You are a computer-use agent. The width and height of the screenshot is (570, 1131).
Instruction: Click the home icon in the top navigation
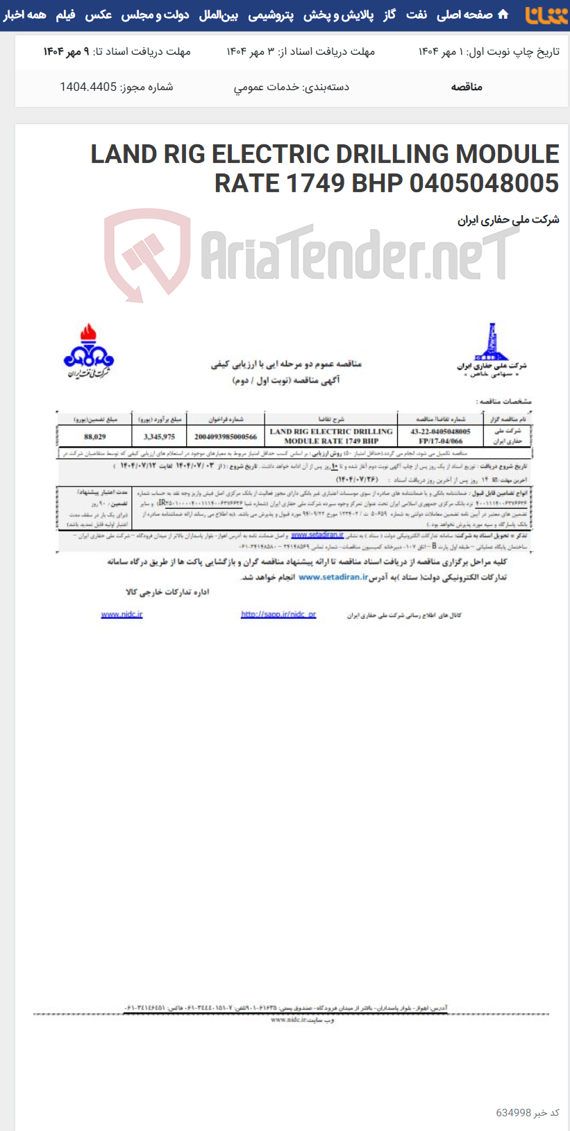tap(503, 15)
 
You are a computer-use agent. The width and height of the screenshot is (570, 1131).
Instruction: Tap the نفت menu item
tap(417, 15)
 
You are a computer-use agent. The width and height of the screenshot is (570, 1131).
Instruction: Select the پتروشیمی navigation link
tap(271, 15)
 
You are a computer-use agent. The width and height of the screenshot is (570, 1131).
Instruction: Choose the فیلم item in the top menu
tap(65, 15)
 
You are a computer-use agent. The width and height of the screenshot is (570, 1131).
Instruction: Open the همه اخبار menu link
tap(25, 15)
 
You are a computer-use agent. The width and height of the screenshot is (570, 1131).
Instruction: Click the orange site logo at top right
tap(546, 15)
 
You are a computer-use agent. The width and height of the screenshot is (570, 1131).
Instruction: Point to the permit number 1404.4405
tap(88, 87)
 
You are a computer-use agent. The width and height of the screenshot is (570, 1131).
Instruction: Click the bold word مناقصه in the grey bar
tap(467, 87)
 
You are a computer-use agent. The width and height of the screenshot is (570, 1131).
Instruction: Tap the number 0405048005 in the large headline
tap(484, 183)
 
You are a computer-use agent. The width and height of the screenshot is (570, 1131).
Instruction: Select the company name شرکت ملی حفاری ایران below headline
tap(508, 220)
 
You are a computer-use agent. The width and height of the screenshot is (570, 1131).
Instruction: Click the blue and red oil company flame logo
tap(88, 350)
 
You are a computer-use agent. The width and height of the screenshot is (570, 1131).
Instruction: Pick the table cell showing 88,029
tap(94, 437)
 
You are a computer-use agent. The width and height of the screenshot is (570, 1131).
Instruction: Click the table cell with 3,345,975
tap(159, 437)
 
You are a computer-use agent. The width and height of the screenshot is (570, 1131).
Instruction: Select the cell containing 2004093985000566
tap(226, 437)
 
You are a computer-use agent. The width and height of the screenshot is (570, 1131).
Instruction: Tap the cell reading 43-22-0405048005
tap(440, 432)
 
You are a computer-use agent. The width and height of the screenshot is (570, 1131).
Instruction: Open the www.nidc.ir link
tap(121, 615)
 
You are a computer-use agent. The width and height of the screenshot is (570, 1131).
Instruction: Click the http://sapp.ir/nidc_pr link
tap(278, 615)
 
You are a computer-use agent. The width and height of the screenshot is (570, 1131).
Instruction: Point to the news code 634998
tap(514, 1112)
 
